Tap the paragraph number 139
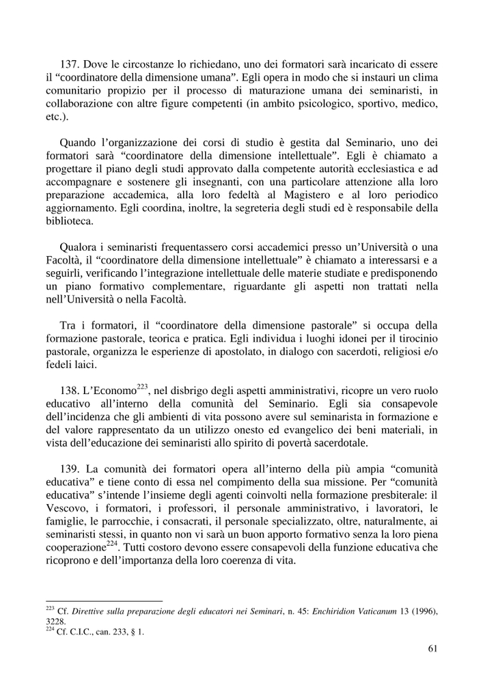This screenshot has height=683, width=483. point(71,469)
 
